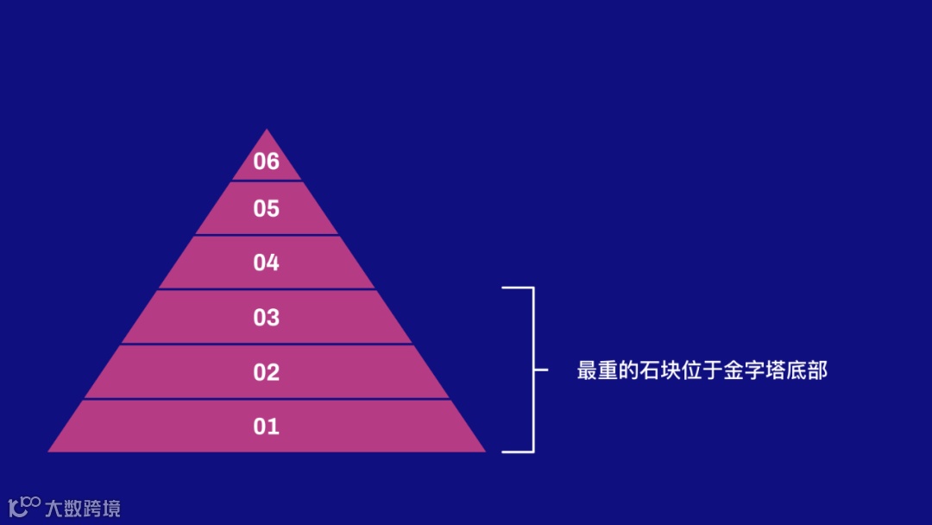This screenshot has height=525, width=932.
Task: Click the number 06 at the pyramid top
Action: point(267,161)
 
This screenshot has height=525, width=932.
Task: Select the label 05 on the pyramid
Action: point(267,209)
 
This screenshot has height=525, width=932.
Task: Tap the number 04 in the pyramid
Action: point(267,262)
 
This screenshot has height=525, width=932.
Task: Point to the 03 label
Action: point(267,318)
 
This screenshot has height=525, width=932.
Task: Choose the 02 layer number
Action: point(267,372)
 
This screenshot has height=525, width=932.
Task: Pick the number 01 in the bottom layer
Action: point(267,427)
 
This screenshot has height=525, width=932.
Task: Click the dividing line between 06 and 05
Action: point(267,180)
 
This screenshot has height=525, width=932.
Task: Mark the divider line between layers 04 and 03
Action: point(267,289)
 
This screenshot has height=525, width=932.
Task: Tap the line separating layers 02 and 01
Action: point(267,399)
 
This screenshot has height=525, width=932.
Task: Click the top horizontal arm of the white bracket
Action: point(518,288)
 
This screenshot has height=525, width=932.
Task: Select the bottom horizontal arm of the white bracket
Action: point(518,451)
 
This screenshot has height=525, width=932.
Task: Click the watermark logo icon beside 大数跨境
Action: point(24,507)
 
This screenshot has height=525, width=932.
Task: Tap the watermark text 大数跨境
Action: point(83,508)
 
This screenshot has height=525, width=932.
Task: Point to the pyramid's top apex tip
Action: point(267,131)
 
